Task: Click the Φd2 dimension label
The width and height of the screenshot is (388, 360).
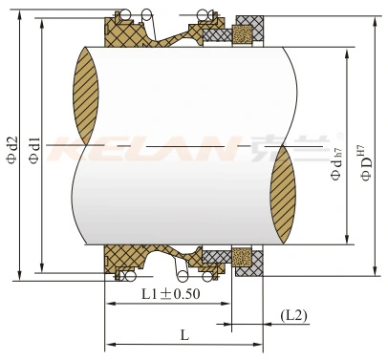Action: [12, 150]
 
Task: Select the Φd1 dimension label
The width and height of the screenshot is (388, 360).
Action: [34, 151]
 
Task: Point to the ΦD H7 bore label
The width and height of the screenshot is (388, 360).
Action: [367, 163]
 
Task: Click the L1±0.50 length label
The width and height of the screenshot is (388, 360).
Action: [171, 294]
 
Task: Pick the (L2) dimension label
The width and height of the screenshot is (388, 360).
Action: [293, 315]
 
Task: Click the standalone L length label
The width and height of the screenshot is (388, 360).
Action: [184, 334]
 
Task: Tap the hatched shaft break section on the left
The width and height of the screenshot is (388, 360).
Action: [86, 95]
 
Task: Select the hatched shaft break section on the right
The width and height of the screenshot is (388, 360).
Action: [283, 195]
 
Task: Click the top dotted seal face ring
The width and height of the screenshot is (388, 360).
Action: [243, 33]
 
